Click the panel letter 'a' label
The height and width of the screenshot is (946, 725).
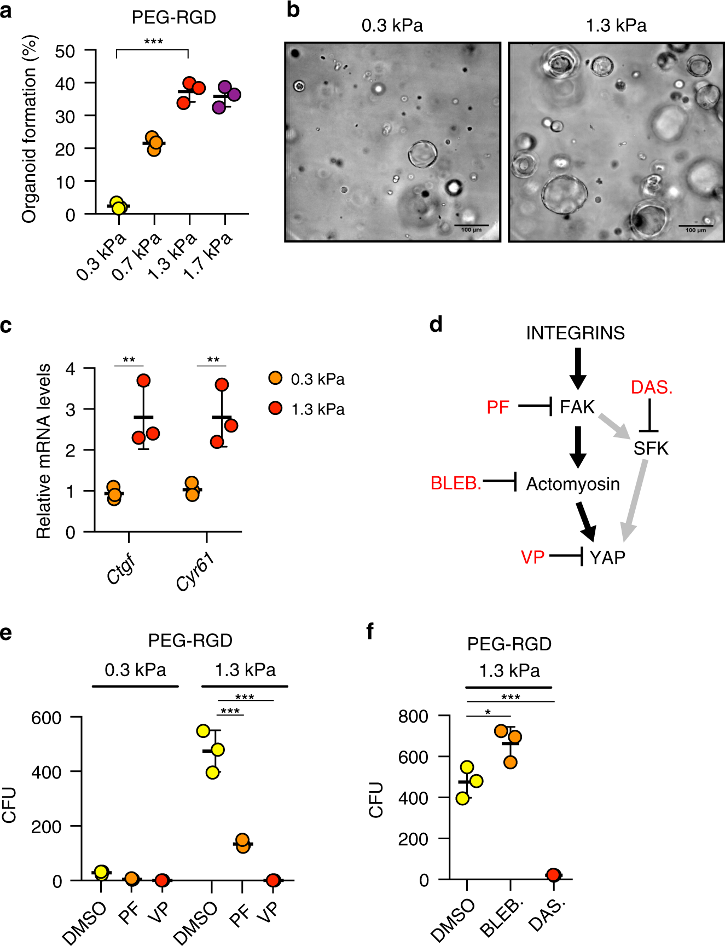tap(6, 10)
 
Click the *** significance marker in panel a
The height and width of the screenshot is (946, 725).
tap(153, 42)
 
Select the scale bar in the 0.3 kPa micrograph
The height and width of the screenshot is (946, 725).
tap(471, 225)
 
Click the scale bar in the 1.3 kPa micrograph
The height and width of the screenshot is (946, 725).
tap(695, 226)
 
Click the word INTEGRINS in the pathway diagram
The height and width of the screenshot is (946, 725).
tap(575, 333)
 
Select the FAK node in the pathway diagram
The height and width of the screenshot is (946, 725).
tap(577, 407)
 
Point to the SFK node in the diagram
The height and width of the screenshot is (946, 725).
tap(651, 448)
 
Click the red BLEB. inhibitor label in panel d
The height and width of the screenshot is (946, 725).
tap(456, 483)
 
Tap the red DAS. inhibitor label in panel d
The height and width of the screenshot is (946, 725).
tap(651, 388)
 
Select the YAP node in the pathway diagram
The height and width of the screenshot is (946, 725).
tap(607, 557)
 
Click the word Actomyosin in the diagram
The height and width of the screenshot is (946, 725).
tap(573, 484)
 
